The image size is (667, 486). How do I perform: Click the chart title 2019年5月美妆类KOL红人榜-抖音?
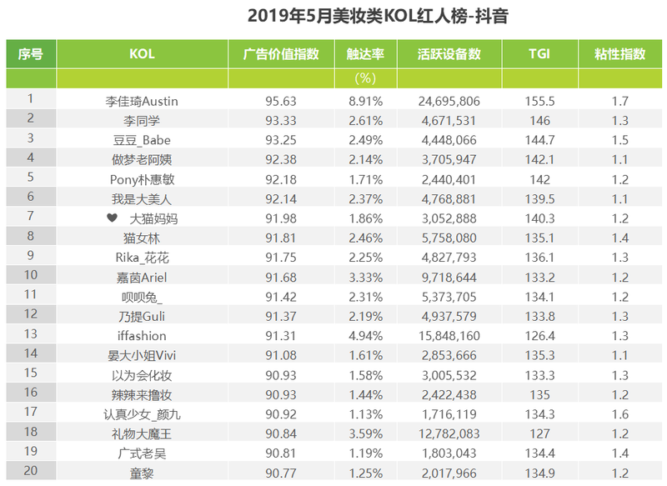379,16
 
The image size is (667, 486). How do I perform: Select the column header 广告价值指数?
281,54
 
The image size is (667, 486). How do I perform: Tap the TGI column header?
539,54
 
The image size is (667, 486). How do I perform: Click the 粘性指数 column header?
619,54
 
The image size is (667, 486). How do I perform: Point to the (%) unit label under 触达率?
365,78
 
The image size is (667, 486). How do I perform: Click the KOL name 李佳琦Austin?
142,101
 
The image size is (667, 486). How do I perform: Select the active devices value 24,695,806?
449,101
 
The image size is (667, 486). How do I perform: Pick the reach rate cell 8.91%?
365,101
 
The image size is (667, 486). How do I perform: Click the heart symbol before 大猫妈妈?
112,218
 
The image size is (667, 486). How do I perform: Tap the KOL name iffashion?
142,336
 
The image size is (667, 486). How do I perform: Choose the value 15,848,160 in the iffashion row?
449,336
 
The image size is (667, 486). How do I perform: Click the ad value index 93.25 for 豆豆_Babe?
281,140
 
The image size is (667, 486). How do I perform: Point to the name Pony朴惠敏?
142,179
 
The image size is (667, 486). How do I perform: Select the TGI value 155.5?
539,101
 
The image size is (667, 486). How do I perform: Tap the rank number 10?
30,277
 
